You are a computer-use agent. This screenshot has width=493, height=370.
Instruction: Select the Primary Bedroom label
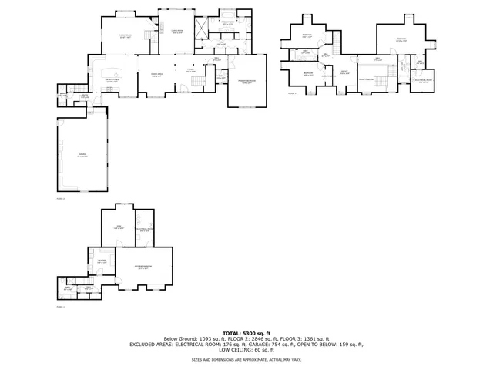[246, 82]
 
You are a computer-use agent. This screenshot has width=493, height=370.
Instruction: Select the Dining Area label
[156, 75]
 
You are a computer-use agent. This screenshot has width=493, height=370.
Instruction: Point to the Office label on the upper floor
[345, 72]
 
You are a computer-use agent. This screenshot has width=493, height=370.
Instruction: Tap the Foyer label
[190, 70]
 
